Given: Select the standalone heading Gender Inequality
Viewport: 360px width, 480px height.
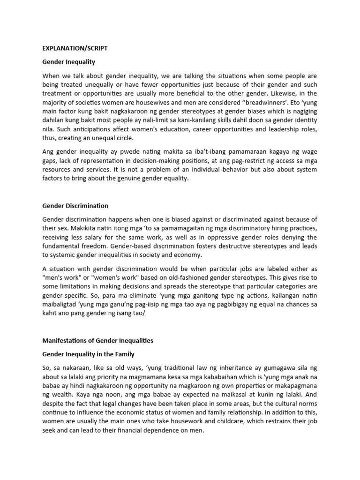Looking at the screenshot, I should click(x=69, y=62).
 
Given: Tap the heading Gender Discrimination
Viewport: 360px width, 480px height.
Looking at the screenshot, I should click(x=75, y=205).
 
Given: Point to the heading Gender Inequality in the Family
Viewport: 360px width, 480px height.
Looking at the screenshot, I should click(x=89, y=354).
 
